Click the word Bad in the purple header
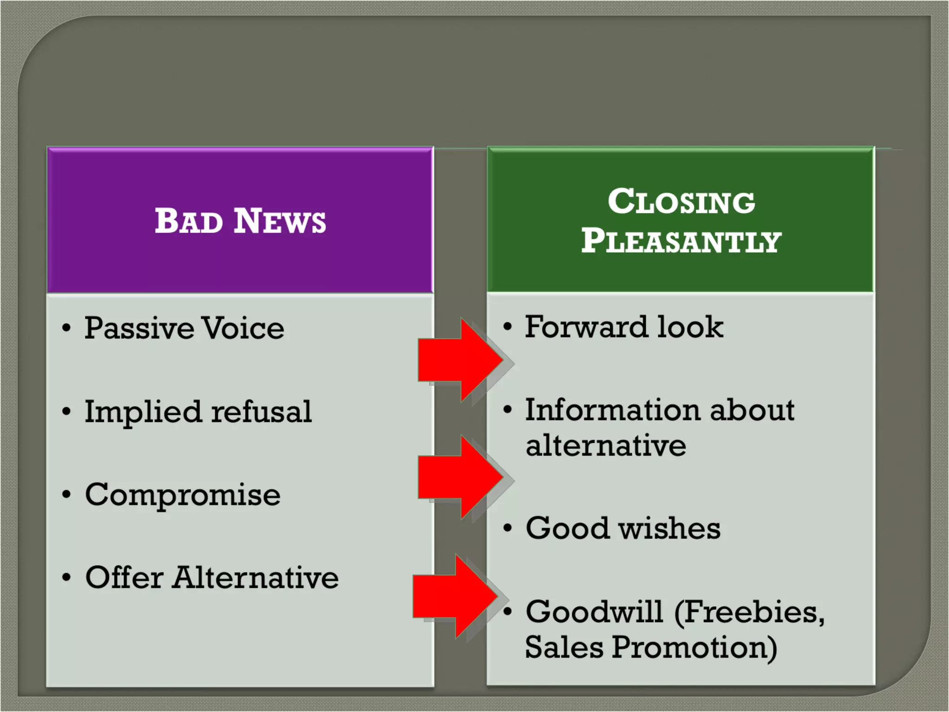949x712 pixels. pos(189,221)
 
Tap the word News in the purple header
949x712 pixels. pos(279,221)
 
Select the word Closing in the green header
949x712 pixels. pos(681,202)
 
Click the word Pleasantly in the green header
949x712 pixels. pos(681,241)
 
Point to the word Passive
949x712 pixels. pos(139,329)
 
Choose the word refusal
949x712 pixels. pos(261,412)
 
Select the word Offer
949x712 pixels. pos(124,578)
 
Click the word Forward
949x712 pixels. pos(586,327)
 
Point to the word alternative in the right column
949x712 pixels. pos(606,445)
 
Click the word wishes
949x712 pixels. pos(669,528)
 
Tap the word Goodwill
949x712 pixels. pos(594,611)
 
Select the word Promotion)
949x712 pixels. pos(694,647)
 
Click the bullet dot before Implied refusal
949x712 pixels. pos(67,412)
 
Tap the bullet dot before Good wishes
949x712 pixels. pos(508,528)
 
